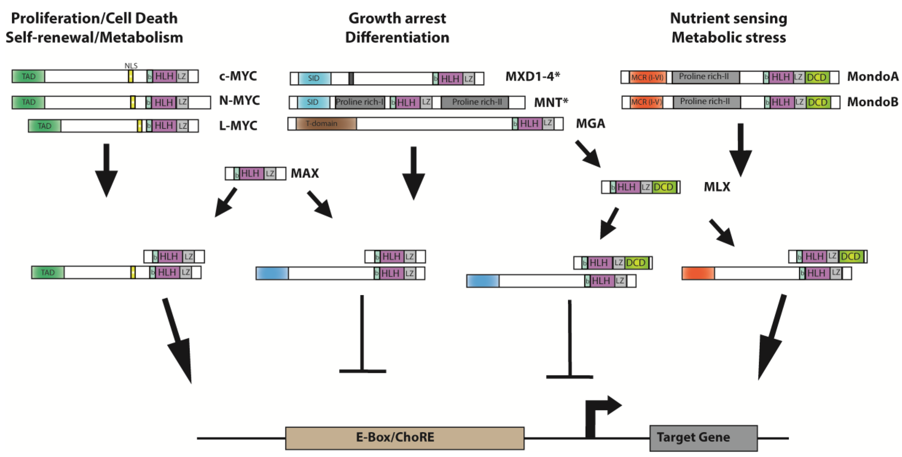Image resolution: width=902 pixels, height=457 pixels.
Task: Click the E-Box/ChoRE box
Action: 404,438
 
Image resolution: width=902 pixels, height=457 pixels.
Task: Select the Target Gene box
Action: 703,438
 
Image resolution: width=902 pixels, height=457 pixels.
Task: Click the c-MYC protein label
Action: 238,76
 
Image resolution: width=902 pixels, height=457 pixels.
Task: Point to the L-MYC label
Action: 238,125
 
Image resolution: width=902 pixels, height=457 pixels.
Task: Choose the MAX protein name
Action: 305,173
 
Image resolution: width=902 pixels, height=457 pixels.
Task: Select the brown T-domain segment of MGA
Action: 326,124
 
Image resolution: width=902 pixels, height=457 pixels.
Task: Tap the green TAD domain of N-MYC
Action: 28,102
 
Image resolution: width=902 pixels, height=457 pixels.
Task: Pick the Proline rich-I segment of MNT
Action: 360,102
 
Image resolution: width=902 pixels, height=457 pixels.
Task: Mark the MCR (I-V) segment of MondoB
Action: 647,102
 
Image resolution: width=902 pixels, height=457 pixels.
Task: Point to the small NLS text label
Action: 131,66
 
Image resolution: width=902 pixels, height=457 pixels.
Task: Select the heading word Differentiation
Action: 397,37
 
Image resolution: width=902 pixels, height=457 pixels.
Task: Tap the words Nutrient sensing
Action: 728,18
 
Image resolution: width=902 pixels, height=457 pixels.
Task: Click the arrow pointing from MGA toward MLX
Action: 588,154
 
